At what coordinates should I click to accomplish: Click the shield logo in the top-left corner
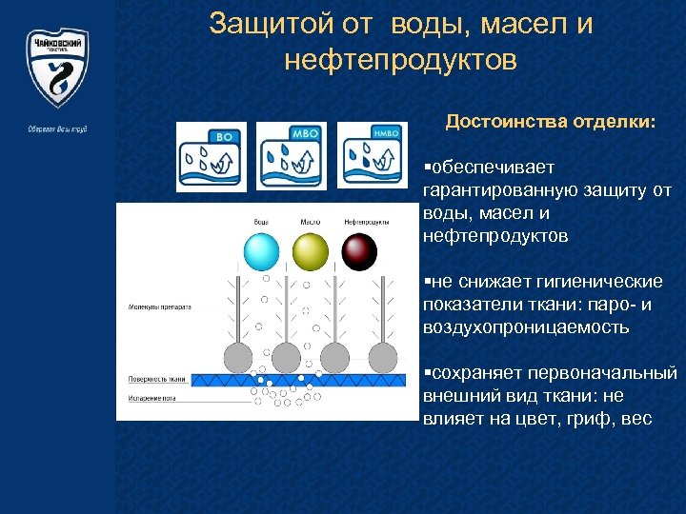click(x=57, y=68)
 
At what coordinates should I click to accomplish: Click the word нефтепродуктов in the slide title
click(x=400, y=61)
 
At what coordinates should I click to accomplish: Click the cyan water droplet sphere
click(x=261, y=251)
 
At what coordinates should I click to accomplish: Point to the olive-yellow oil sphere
click(x=310, y=251)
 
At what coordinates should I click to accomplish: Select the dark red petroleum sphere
click(x=359, y=251)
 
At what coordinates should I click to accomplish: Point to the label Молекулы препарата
click(x=159, y=308)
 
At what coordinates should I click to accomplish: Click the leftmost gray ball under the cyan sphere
click(x=236, y=357)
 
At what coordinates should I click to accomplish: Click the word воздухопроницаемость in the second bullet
click(x=526, y=326)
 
